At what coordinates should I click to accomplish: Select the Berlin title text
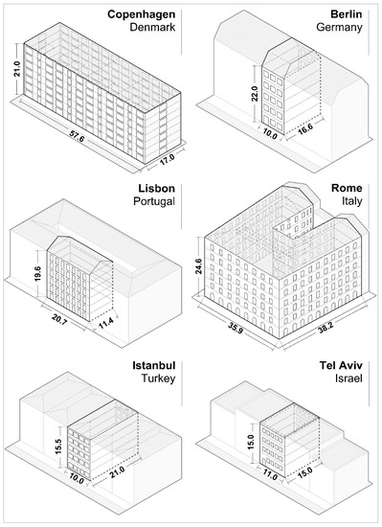tap(344, 14)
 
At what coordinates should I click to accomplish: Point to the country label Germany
tap(337, 30)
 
